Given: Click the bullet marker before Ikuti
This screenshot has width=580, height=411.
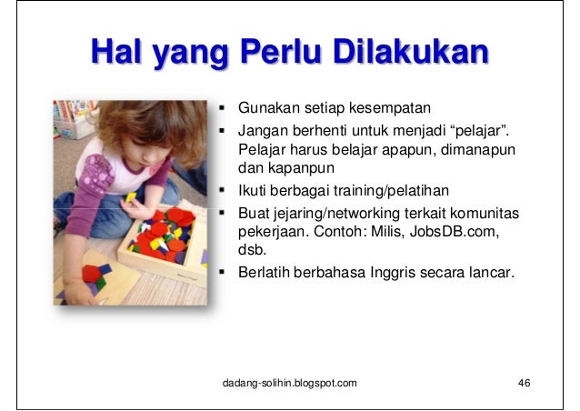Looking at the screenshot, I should coord(225,190).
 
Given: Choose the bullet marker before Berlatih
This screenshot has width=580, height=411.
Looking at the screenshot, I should coord(225,270).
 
